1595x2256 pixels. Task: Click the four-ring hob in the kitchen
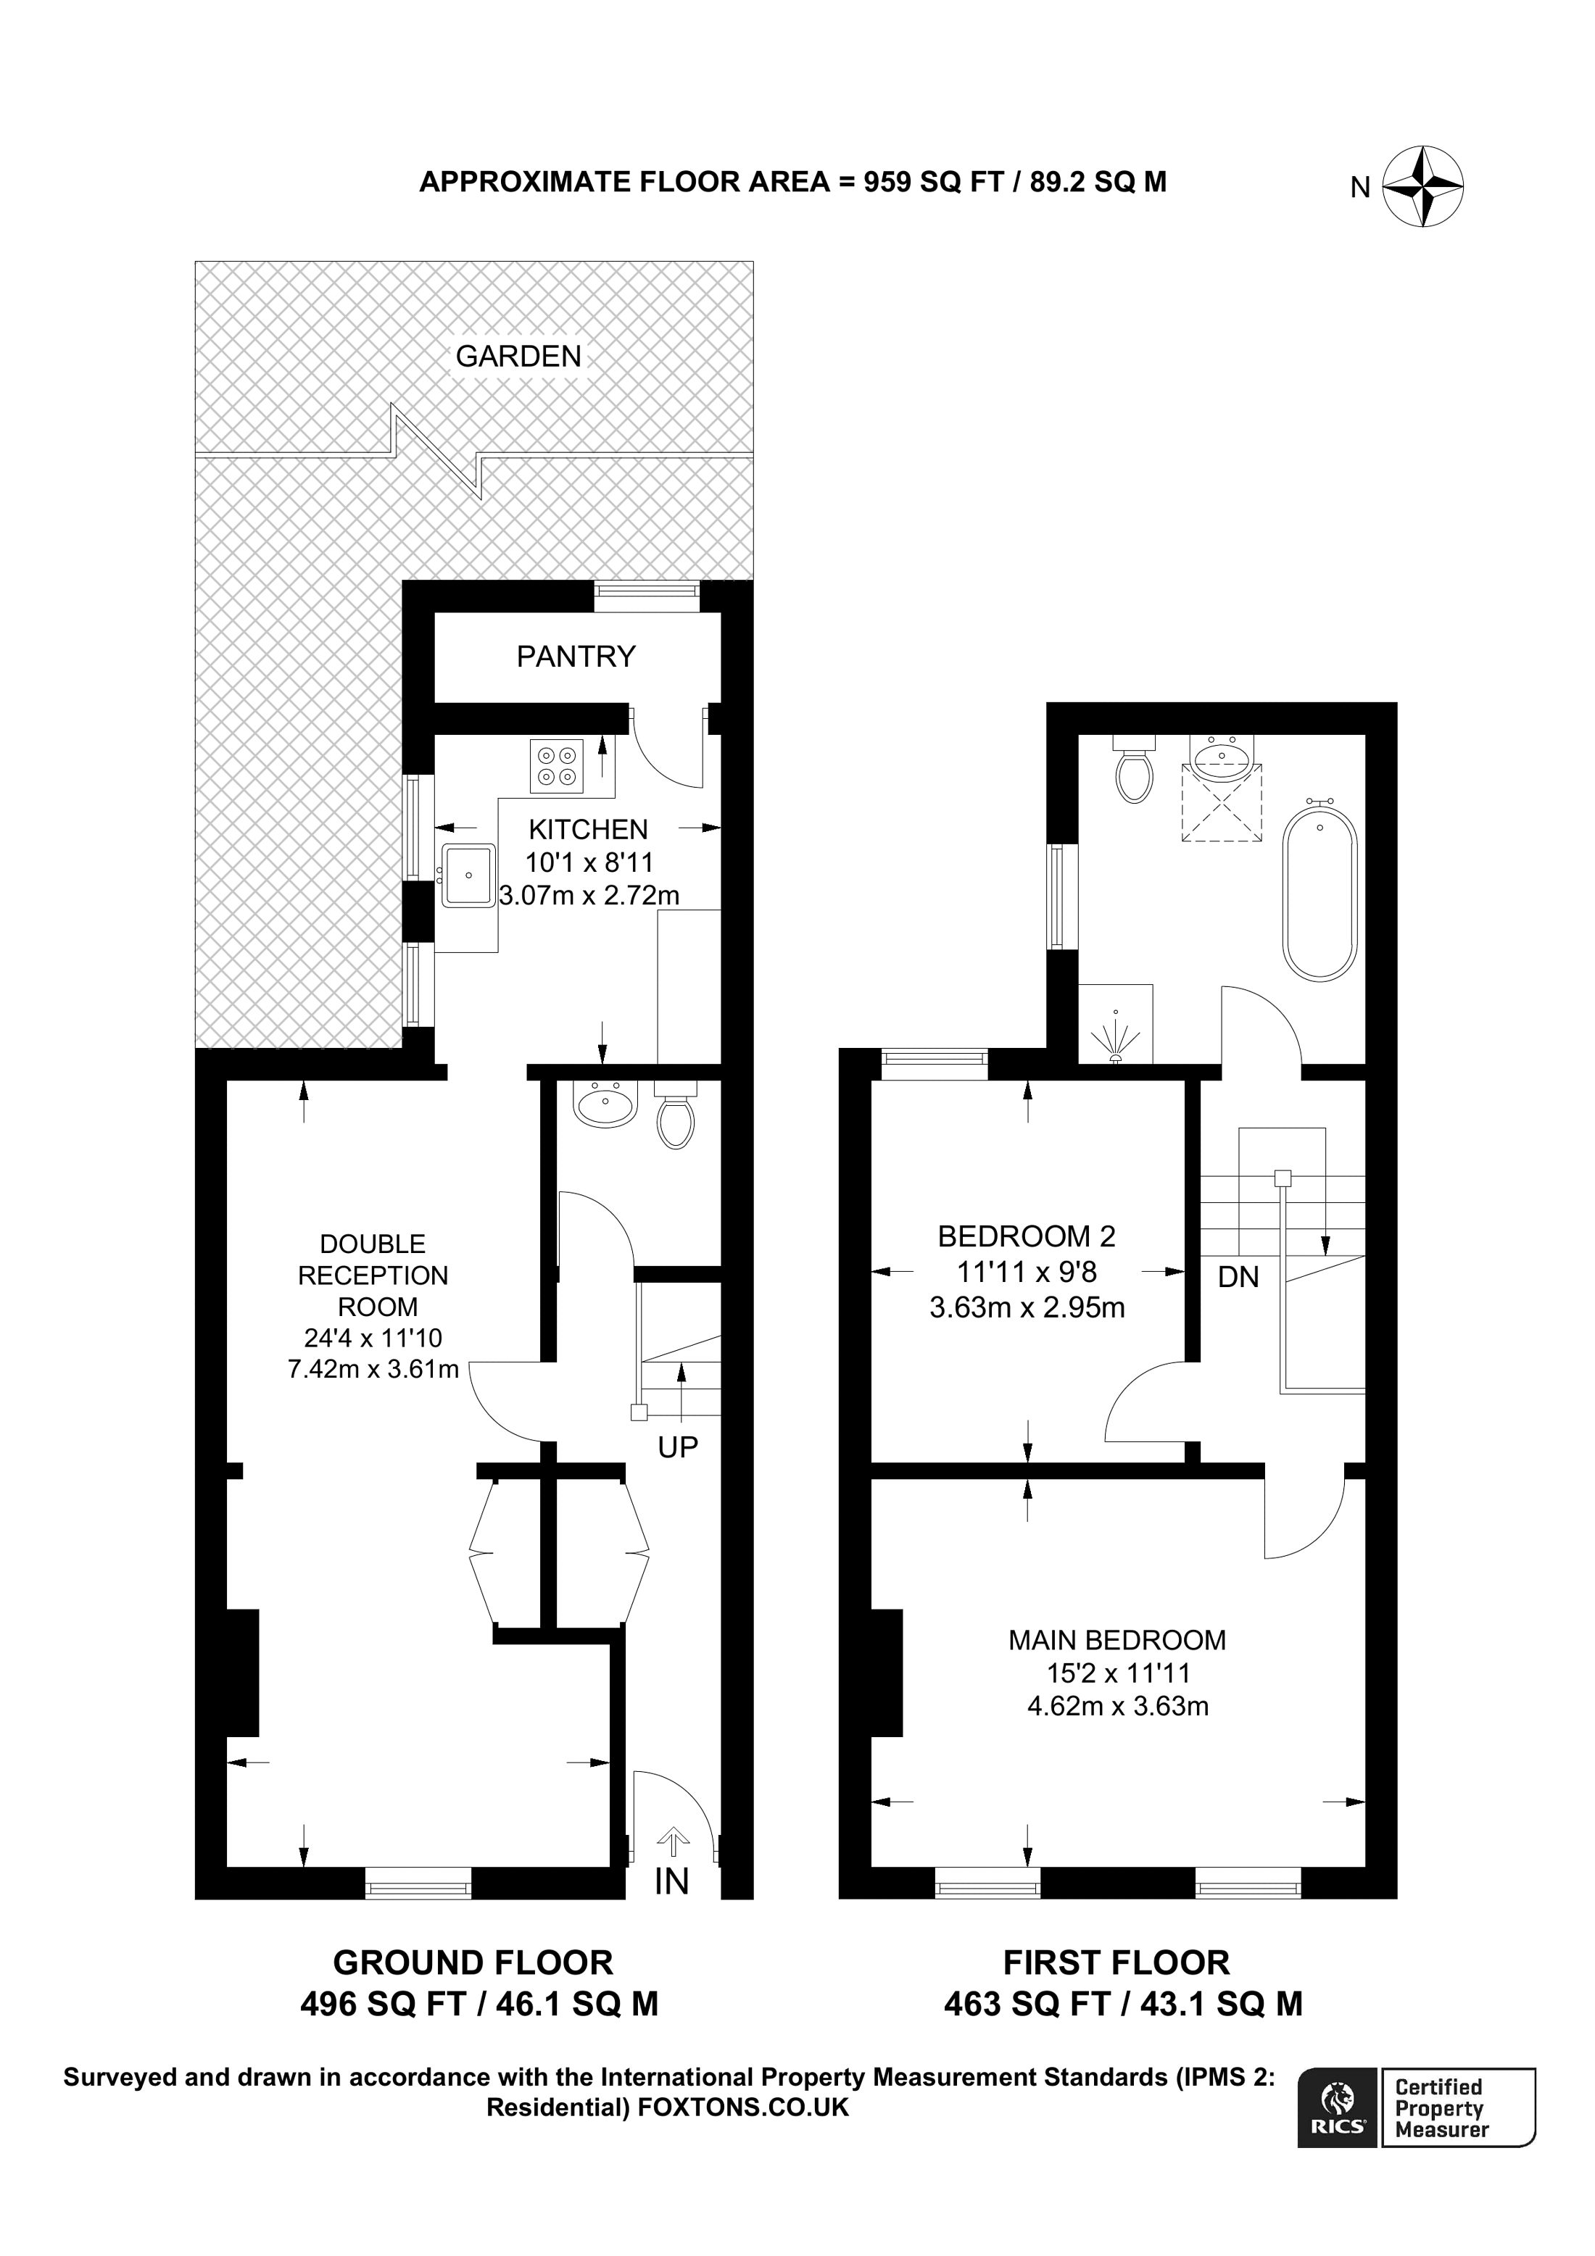coord(556,765)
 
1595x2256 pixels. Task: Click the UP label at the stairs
coord(677,1447)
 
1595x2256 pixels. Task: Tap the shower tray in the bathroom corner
coord(1116,1024)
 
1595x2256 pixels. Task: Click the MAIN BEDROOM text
coord(1116,1639)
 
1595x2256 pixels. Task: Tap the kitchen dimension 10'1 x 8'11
coord(589,862)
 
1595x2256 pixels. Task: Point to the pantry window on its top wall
coord(647,591)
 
